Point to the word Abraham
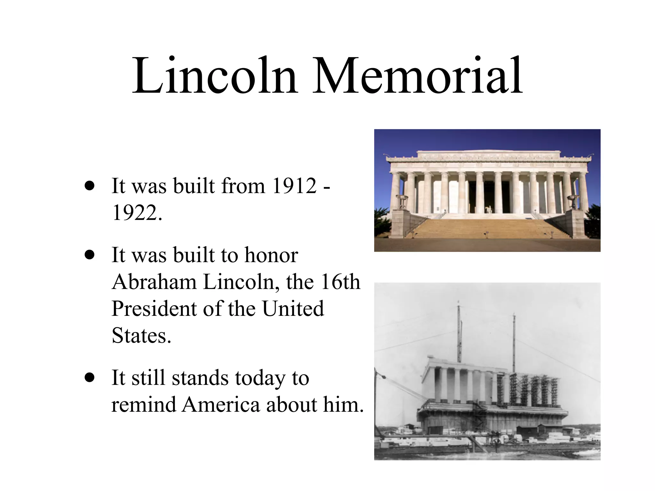tap(154, 282)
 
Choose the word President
tap(154, 309)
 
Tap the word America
tap(221, 405)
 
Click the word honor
tap(271, 255)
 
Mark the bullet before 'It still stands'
tap(90, 378)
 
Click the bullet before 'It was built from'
tap(90, 186)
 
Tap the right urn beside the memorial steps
tap(572, 201)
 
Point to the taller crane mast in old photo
tap(459, 332)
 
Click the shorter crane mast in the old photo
tap(514, 342)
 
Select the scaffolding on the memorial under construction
tap(528, 390)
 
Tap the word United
tap(293, 309)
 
